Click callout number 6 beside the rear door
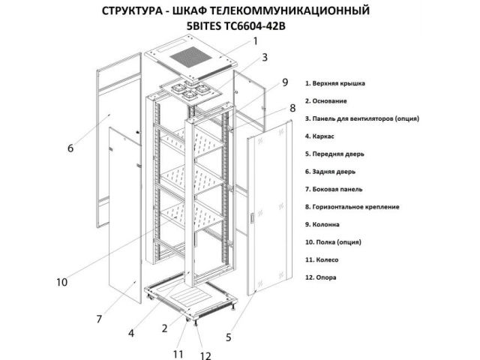pyautogui.click(x=70, y=148)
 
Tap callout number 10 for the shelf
pyautogui.click(x=61, y=282)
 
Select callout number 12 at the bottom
pyautogui.click(x=205, y=355)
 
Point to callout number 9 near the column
pyautogui.click(x=285, y=82)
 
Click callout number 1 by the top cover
pyautogui.click(x=256, y=41)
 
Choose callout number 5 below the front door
pyautogui.click(x=229, y=337)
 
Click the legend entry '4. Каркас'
pyautogui.click(x=319, y=136)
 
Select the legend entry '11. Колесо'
pyautogui.click(x=322, y=260)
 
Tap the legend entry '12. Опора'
pyautogui.click(x=320, y=277)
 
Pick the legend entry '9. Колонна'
pyautogui.click(x=322, y=224)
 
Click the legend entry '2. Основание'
pyautogui.click(x=325, y=101)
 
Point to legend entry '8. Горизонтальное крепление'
pyautogui.click(x=352, y=207)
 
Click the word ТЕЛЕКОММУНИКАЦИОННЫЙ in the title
pyautogui.click(x=271, y=10)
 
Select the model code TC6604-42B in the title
pyautogui.click(x=254, y=26)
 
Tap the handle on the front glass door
pyautogui.click(x=252, y=218)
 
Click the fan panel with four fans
pyautogui.click(x=191, y=90)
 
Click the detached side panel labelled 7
pyautogui.click(x=125, y=214)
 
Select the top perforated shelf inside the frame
pyautogui.click(x=192, y=142)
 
